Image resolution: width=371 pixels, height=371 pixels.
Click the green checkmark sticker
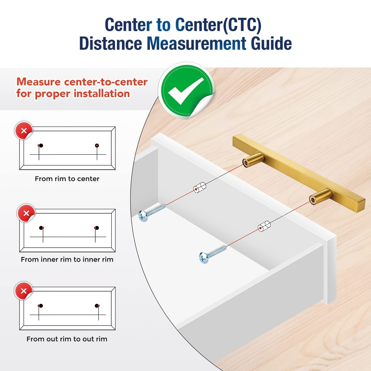coord(187,91)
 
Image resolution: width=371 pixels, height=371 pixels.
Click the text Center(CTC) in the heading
coord(219,24)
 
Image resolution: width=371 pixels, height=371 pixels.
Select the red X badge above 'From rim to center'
coord(24,130)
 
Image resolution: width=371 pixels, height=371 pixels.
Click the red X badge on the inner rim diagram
coord(26,213)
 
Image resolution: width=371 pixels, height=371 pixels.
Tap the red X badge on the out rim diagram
coord(24,291)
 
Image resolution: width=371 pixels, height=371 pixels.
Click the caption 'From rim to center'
coord(67,179)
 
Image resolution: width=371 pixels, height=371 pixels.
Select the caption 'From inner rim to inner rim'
coord(67,260)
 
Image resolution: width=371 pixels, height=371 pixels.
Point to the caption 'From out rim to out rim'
coord(67,339)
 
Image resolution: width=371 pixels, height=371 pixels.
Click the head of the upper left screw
coord(143,216)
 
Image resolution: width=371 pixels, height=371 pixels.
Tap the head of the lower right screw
coord(204,258)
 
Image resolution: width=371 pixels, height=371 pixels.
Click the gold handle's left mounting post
coord(253,160)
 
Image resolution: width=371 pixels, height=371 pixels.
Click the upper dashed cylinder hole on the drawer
coord(200,187)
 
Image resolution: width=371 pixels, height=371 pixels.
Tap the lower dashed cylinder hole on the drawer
coord(264,226)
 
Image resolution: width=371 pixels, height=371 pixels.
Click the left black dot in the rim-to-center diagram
coord(41,145)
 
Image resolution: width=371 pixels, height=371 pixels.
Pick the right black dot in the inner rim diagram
coord(96,228)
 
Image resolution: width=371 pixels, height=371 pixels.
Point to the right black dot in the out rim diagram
coord(96,306)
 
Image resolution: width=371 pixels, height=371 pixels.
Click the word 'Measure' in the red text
coord(39,82)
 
